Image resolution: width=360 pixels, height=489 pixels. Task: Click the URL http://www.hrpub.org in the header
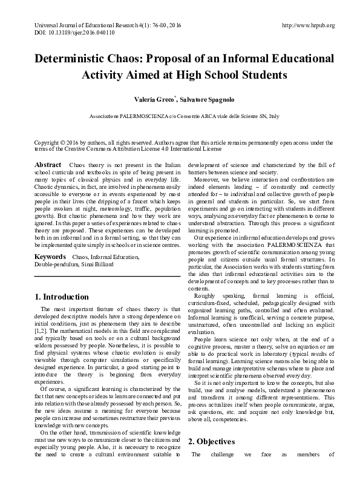(x=309, y=25)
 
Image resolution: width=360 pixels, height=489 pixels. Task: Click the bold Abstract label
(x=48, y=165)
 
